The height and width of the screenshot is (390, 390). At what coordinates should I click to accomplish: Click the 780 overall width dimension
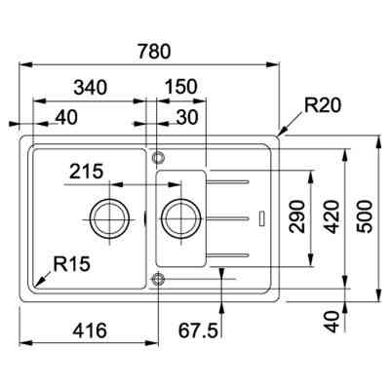tap(148, 47)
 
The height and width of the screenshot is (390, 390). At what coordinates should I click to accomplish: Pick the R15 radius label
tap(74, 263)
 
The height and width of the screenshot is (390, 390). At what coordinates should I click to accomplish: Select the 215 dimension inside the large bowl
tap(88, 174)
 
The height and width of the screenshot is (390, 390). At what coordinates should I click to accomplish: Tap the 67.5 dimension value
tap(199, 331)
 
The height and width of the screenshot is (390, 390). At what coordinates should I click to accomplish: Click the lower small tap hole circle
tap(158, 280)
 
